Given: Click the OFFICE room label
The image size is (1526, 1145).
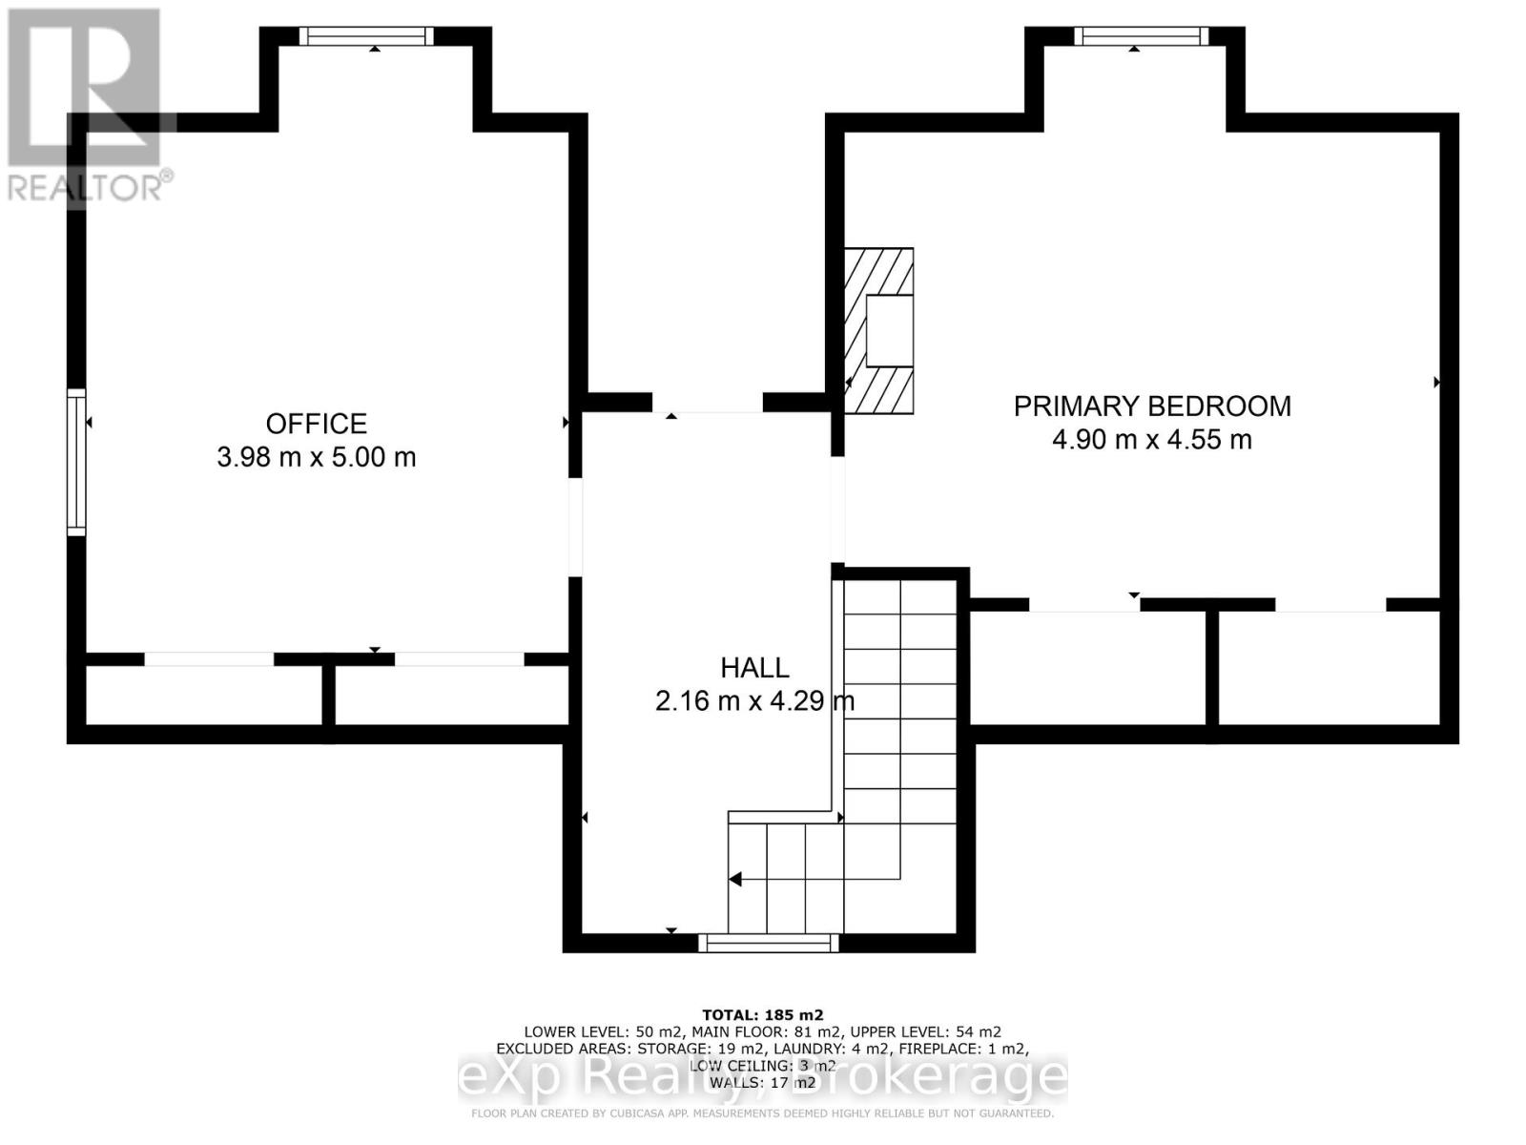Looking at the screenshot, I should (x=316, y=424).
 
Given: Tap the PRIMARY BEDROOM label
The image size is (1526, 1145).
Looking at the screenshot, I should (x=1152, y=406).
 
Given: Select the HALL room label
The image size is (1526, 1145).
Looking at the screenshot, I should (x=754, y=668).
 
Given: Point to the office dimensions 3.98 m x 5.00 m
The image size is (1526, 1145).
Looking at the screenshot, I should (x=316, y=457).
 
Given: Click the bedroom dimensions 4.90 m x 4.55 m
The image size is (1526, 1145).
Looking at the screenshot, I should (x=1152, y=440).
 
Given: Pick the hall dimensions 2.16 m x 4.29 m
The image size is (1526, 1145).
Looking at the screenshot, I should (x=754, y=701).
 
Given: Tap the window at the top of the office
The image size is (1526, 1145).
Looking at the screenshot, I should (x=366, y=36).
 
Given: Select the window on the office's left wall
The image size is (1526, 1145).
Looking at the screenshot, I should (x=75, y=462).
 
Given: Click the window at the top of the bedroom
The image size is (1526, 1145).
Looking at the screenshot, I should (x=1141, y=36).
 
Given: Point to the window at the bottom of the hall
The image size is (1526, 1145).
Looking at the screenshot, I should (x=769, y=944).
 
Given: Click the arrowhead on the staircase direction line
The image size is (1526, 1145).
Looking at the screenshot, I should (x=735, y=879).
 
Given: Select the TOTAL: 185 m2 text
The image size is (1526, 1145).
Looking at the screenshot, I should (x=762, y=1015).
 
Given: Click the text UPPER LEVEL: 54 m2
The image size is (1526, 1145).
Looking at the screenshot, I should (x=925, y=1031).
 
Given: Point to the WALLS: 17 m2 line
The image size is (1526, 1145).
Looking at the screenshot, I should (x=762, y=1082).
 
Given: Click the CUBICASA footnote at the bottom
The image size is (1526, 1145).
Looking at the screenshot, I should (x=762, y=1114).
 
